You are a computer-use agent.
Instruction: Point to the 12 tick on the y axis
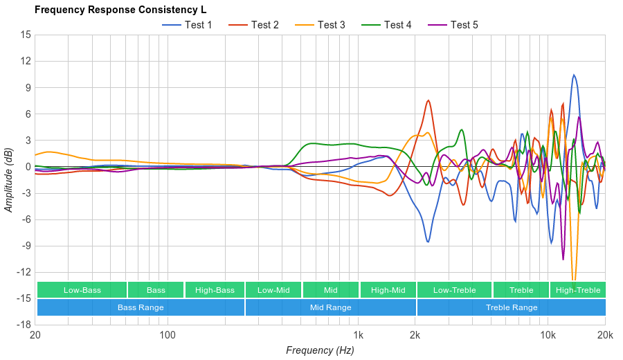[x=26, y=61]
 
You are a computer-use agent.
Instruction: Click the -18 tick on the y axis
[x=24, y=324]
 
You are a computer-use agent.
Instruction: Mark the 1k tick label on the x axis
[x=358, y=335]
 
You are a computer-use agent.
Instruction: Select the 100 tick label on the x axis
[x=167, y=335]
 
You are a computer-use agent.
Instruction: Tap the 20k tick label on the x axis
[x=604, y=335]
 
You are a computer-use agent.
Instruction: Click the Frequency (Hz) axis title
[x=320, y=350]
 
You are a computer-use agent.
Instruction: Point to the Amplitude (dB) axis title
[x=9, y=179]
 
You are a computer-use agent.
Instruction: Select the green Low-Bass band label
[x=82, y=290]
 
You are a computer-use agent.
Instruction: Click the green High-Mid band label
[x=388, y=290]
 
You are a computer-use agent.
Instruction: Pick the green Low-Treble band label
[x=454, y=290]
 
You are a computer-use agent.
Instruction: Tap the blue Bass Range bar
[x=141, y=307]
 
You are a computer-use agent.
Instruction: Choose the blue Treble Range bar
[x=511, y=307]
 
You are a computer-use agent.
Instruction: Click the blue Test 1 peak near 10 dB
[x=574, y=75]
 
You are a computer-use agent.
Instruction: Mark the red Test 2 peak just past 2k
[x=428, y=100]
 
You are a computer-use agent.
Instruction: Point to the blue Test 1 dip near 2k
[x=428, y=242]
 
